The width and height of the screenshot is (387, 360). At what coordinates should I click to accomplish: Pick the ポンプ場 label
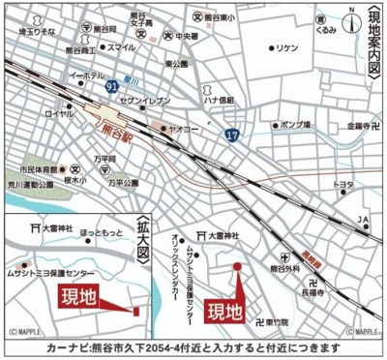pos(290,125)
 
